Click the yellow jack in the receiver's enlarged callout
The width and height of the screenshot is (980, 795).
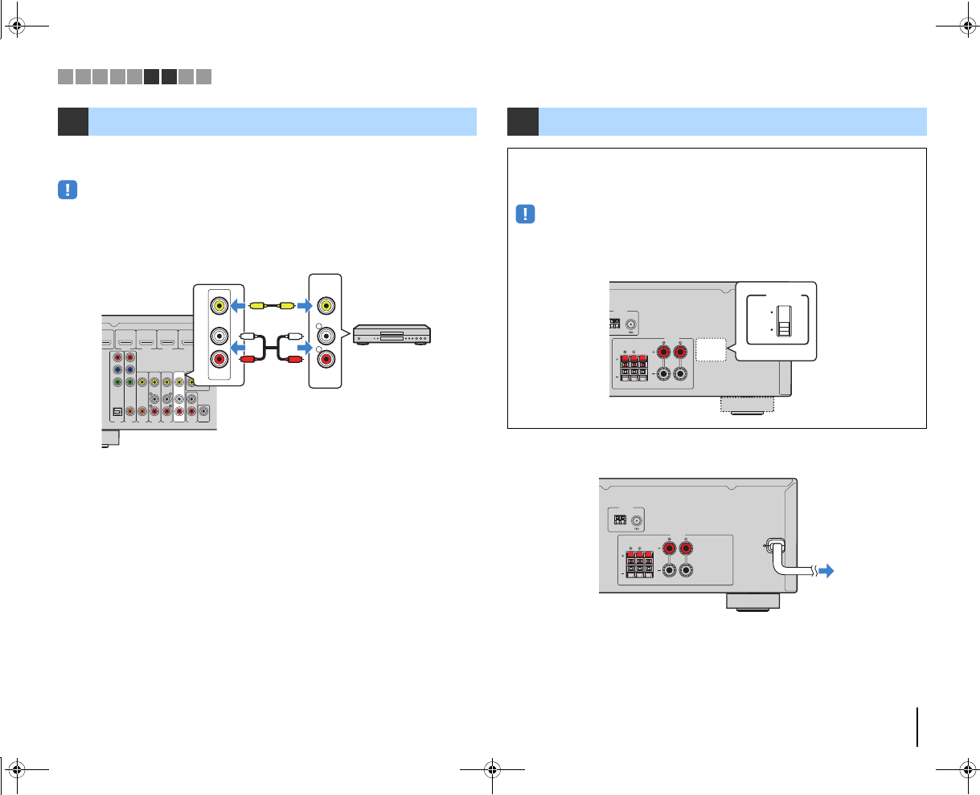pyautogui.click(x=218, y=305)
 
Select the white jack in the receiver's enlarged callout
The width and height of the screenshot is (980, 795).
pyautogui.click(x=218, y=336)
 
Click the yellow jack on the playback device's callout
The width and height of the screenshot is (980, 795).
pyautogui.click(x=326, y=305)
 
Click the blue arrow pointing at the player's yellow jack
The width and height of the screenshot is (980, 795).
pyautogui.click(x=302, y=305)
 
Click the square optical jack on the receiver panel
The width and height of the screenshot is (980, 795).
pyautogui.click(x=117, y=412)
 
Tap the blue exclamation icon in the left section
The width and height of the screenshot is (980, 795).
pyautogui.click(x=68, y=190)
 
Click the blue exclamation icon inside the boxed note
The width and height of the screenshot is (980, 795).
pyautogui.click(x=525, y=214)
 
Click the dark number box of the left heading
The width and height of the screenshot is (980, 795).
pyautogui.click(x=72, y=121)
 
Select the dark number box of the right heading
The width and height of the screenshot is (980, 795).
pyautogui.click(x=523, y=121)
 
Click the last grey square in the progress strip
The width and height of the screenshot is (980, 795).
pyautogui.click(x=203, y=77)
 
